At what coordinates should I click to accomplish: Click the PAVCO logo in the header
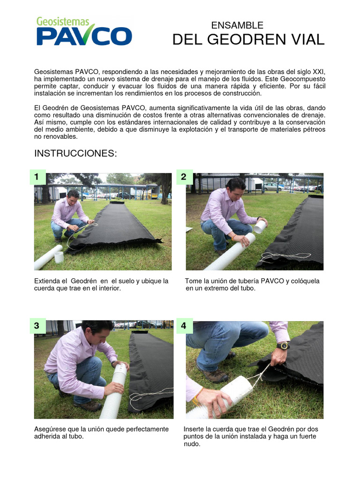coord(84,32)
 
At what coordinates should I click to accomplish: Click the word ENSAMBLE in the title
coord(237,25)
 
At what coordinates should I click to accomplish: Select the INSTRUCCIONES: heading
coord(75,154)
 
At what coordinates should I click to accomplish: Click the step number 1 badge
coord(37,177)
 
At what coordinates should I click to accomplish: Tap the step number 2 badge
coord(184,177)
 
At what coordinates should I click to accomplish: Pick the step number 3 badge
coord(37,326)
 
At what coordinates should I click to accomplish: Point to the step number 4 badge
coord(184,326)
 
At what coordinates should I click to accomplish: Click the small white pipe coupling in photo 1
coord(59,257)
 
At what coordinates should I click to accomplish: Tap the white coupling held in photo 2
coord(260,226)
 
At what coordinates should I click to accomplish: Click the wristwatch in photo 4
coord(283,346)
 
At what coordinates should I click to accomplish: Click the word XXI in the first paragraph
coord(318,72)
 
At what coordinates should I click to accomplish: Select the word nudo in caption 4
coord(192,444)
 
